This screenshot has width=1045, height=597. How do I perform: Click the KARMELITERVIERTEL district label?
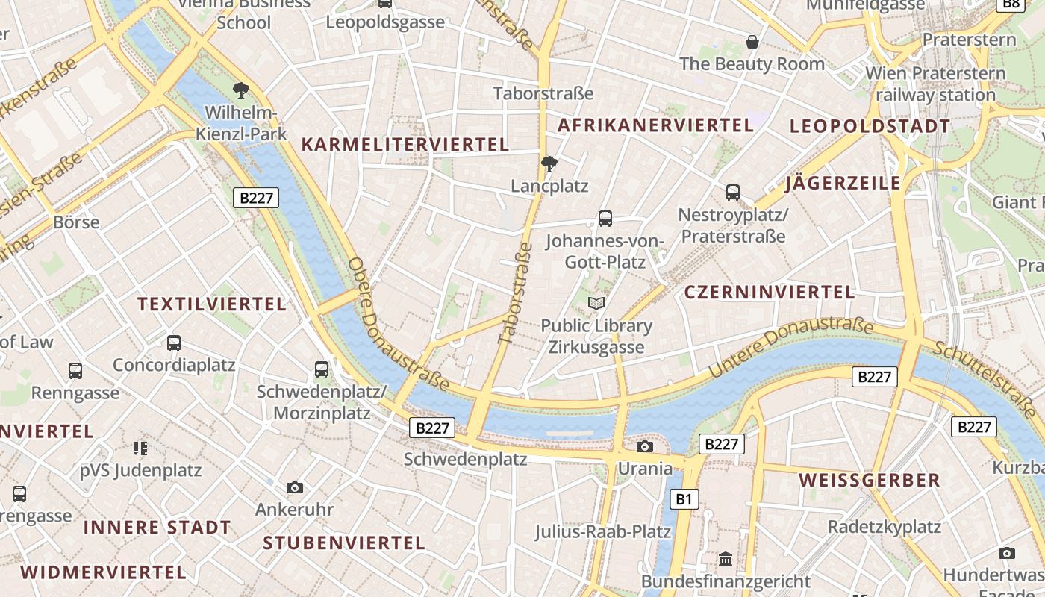coord(405,144)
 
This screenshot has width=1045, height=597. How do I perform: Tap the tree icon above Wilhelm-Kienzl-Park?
coord(240,91)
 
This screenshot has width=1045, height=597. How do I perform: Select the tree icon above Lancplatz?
coord(549,163)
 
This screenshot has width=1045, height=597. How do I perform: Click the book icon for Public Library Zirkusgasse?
coord(596,303)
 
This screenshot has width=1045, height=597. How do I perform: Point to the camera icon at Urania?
coord(645,446)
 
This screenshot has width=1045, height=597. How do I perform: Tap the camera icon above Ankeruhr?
coord(295,487)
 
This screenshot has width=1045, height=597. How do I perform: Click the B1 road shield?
coord(684,499)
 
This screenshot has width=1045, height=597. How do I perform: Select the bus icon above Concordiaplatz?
coord(174,343)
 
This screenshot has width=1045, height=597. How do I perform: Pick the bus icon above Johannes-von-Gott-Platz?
coord(605,219)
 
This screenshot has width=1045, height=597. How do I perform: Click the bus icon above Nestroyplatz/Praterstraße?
coord(733,193)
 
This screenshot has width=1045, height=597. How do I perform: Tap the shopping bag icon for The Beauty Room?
coord(752,42)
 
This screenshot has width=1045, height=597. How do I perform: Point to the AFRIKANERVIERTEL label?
coord(655,125)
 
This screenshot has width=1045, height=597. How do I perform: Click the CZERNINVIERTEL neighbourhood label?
coord(770,292)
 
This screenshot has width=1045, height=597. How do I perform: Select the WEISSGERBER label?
coord(870,480)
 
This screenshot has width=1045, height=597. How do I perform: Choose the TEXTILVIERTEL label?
coord(212,304)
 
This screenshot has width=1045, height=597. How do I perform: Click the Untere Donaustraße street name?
coord(790,346)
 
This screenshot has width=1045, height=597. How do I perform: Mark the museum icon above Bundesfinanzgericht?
coord(726,559)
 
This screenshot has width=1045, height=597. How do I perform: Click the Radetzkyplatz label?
coord(885,527)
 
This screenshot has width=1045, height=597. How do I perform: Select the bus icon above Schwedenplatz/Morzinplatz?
coord(322,369)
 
